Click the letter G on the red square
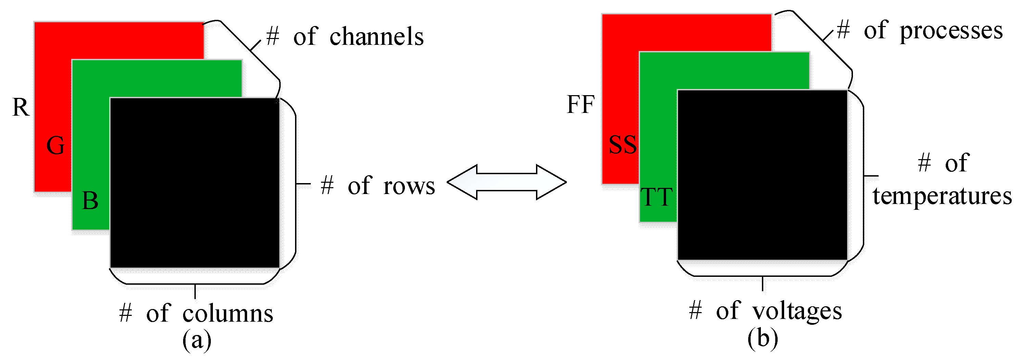(x=55, y=145)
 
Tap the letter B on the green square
(x=90, y=201)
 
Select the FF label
(x=580, y=105)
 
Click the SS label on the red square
(x=623, y=145)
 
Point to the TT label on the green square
(x=657, y=197)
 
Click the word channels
(x=377, y=37)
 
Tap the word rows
(x=409, y=185)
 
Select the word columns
(x=228, y=313)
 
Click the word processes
(x=951, y=31)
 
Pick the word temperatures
(x=942, y=196)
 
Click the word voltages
(x=797, y=311)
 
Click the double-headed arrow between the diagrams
(x=507, y=182)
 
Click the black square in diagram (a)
(x=195, y=183)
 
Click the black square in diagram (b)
(x=762, y=175)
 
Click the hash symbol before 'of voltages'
(x=695, y=310)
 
